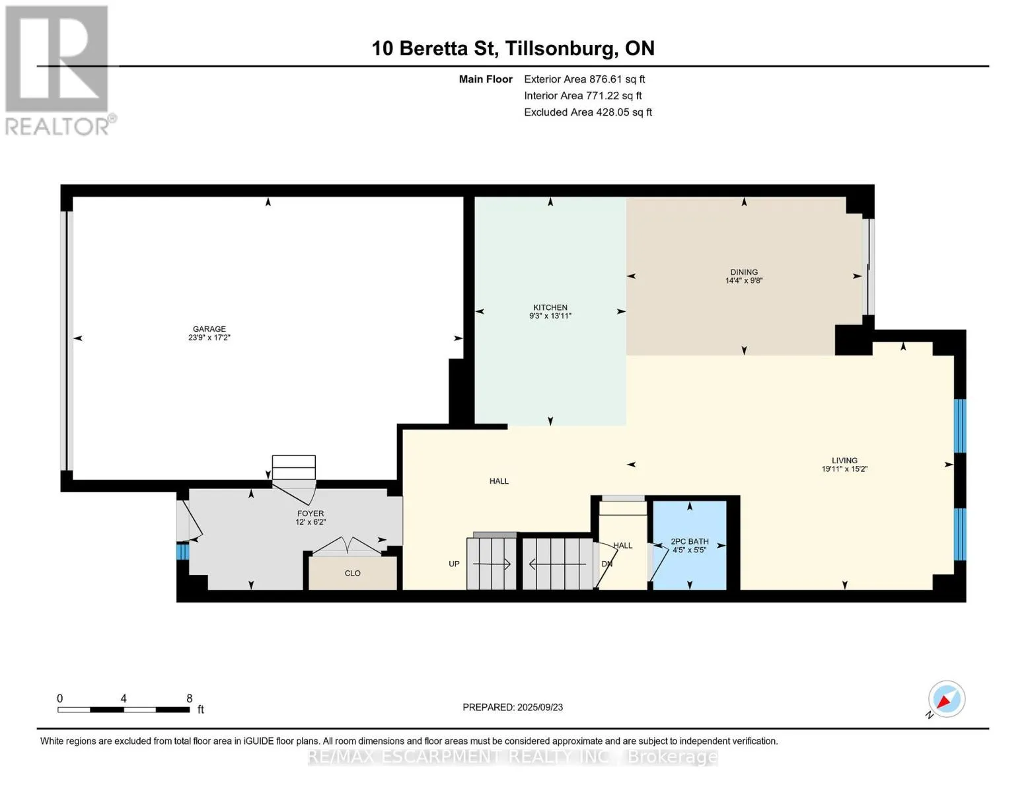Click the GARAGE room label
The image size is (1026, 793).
point(209,328)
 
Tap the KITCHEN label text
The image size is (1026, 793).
point(550,307)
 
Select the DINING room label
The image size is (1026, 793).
point(744,272)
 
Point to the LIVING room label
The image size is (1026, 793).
point(844,461)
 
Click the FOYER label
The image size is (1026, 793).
point(311,513)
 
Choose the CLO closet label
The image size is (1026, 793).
point(352,574)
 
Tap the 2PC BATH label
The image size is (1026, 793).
point(689,542)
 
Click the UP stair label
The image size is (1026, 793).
point(454,564)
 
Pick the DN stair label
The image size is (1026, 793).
point(606,564)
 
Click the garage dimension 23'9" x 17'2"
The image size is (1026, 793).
point(209,338)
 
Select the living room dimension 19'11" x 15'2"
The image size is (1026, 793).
point(844,469)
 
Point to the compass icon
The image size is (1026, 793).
point(946,699)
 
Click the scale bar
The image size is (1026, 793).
point(124,710)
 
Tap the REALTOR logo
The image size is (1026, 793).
point(59,71)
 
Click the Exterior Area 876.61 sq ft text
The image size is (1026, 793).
point(584,79)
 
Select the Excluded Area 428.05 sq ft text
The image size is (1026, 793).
point(588,112)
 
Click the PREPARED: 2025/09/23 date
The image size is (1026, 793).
point(512,708)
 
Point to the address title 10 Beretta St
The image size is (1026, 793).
point(435,48)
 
